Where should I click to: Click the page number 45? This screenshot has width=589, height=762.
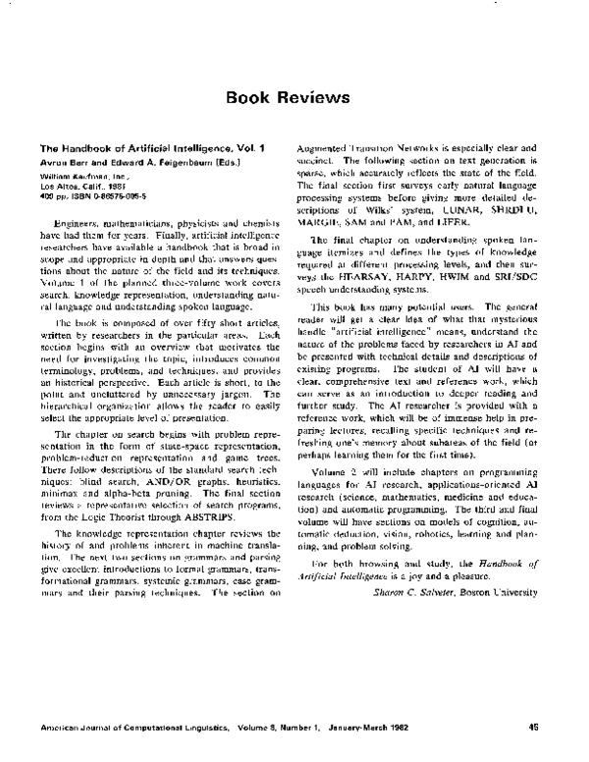pyautogui.click(x=534, y=728)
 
